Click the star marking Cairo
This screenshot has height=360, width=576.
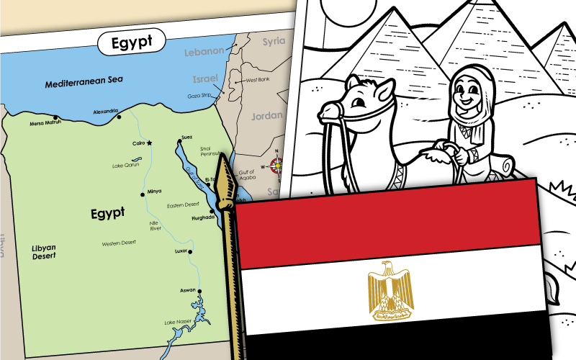[150, 143]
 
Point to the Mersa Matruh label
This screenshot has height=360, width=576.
[45, 123]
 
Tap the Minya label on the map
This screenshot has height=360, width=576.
[154, 191]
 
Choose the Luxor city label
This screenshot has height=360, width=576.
[181, 251]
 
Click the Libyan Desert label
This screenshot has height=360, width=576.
[44, 251]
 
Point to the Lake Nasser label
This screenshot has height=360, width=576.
[178, 322]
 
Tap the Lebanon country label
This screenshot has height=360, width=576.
[204, 52]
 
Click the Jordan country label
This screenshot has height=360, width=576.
[266, 115]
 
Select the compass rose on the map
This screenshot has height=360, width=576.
[275, 166]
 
